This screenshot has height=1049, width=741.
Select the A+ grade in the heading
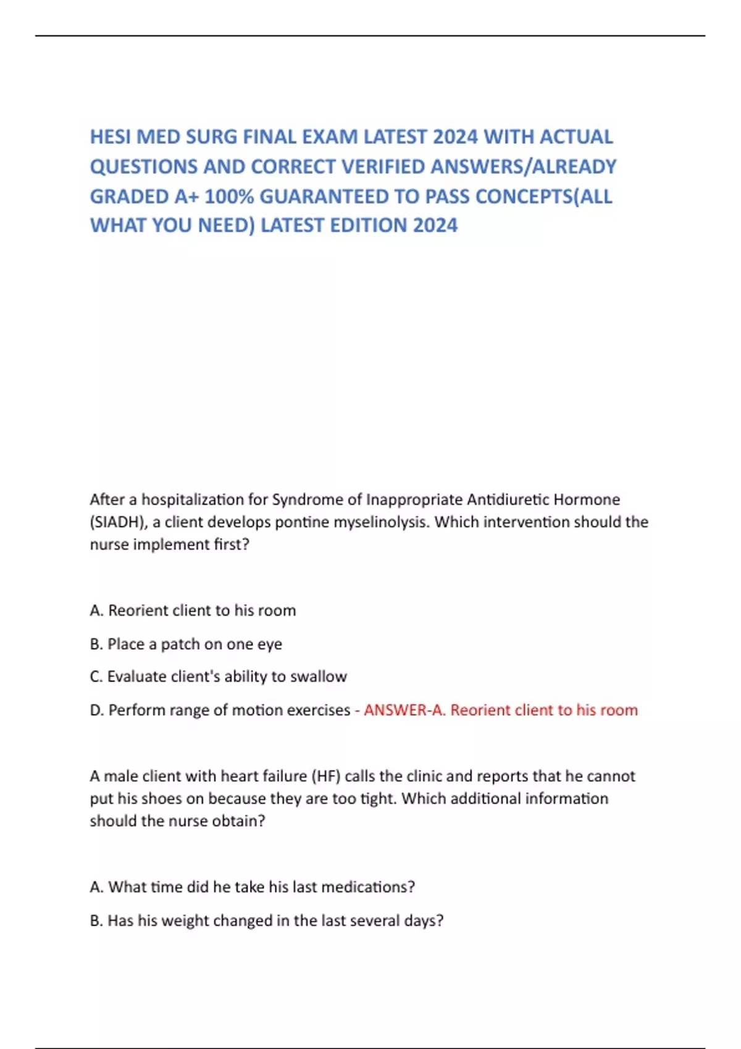(x=186, y=196)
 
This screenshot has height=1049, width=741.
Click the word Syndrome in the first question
(x=303, y=499)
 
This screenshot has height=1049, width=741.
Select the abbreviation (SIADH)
(x=117, y=522)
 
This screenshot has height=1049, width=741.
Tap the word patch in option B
(x=180, y=644)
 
